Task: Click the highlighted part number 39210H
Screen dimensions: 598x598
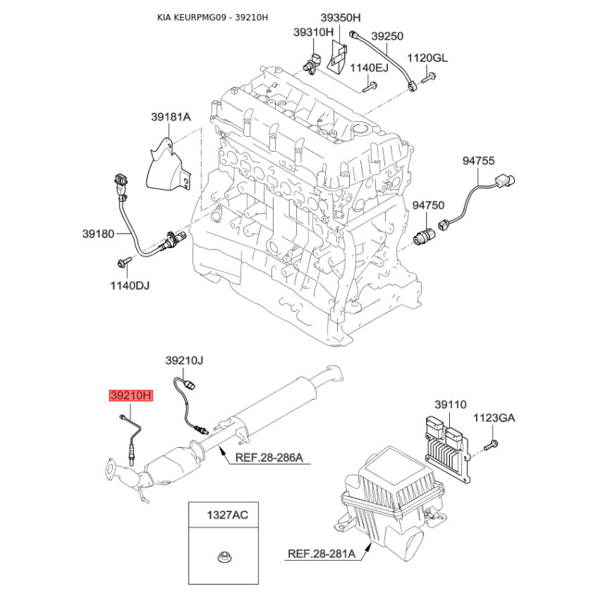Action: [132, 395]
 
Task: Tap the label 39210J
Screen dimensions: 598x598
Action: [184, 360]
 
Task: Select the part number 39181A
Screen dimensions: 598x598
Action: [171, 117]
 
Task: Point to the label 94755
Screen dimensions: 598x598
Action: [478, 161]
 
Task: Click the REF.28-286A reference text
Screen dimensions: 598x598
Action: [269, 457]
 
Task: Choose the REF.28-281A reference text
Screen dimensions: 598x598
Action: [321, 553]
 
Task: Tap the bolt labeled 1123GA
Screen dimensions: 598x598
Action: [491, 445]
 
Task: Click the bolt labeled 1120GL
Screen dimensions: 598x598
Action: [428, 78]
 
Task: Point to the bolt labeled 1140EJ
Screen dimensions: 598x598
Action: [369, 87]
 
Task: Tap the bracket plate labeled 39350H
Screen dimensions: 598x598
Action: [339, 59]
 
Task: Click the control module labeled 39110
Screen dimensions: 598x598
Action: [447, 449]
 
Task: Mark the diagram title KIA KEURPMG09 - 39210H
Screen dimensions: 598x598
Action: [212, 17]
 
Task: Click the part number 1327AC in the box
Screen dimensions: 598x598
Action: [227, 515]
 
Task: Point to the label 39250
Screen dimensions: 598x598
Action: [387, 36]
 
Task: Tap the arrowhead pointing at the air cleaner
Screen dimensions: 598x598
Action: [368, 548]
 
